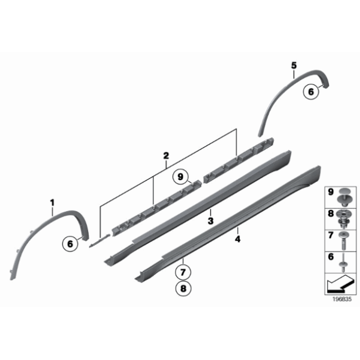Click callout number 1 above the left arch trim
(x=53, y=202)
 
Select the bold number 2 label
(x=166, y=156)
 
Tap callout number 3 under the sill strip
(x=211, y=222)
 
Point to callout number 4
(x=238, y=238)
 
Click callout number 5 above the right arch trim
(x=294, y=65)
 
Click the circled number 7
(x=184, y=271)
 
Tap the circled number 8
(x=184, y=288)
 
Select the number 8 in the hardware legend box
(x=330, y=214)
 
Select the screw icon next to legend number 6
(x=343, y=260)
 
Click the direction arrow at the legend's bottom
(x=338, y=286)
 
